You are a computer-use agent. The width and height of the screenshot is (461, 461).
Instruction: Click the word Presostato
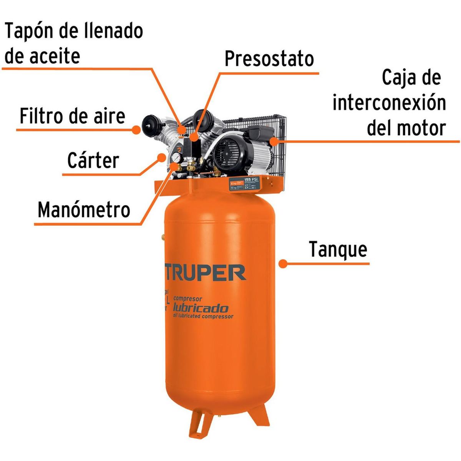269,59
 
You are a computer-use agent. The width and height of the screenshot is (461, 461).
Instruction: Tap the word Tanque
338,249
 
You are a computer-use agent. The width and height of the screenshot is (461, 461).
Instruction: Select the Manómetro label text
84,210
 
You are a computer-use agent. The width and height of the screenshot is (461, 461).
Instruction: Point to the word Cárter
93,160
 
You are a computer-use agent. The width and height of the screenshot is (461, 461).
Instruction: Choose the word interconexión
389,103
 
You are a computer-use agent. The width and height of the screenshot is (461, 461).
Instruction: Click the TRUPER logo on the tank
205,272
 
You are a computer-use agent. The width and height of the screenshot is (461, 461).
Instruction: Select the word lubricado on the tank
201,308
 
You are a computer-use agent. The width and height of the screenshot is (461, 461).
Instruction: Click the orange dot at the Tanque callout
283,264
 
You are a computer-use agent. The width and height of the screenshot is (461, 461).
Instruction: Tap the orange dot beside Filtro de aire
136,130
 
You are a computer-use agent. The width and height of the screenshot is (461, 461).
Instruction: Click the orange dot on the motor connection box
273,141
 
